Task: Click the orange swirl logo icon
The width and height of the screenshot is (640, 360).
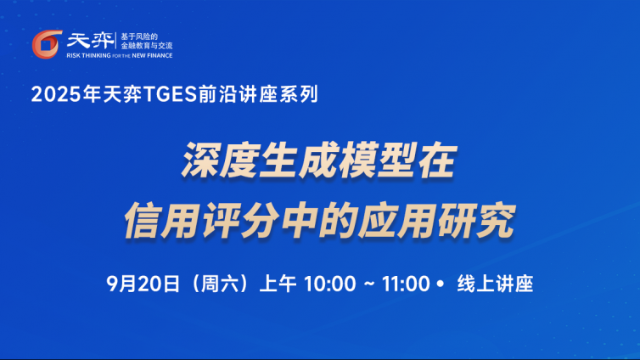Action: [47, 44]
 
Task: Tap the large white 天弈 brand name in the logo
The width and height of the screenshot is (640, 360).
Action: [90, 41]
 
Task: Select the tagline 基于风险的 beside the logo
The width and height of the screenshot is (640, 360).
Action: [138, 37]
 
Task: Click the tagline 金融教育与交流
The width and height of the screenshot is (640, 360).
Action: [147, 46]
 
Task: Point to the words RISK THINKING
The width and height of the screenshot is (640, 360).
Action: [88, 55]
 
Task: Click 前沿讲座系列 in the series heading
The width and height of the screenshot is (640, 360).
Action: [258, 94]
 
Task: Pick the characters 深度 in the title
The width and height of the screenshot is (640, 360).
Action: [220, 160]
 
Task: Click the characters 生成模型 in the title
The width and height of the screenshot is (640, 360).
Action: [337, 160]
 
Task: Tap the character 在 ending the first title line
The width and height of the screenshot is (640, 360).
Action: [437, 160]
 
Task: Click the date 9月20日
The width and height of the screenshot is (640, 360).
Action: [143, 284]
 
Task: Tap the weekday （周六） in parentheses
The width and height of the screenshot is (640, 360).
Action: [220, 284]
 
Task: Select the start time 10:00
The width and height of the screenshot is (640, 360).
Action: [330, 284]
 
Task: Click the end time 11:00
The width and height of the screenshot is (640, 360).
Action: [406, 284]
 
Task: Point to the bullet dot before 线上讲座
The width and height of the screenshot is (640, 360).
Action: [440, 284]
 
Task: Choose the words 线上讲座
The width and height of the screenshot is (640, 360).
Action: [495, 284]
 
